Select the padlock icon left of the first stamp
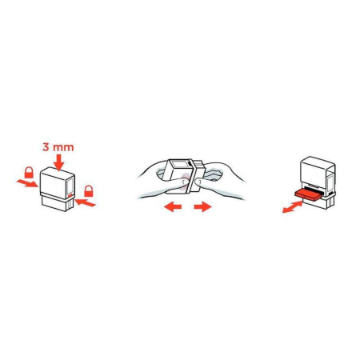29,172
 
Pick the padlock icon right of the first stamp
90,191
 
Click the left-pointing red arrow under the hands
170,206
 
